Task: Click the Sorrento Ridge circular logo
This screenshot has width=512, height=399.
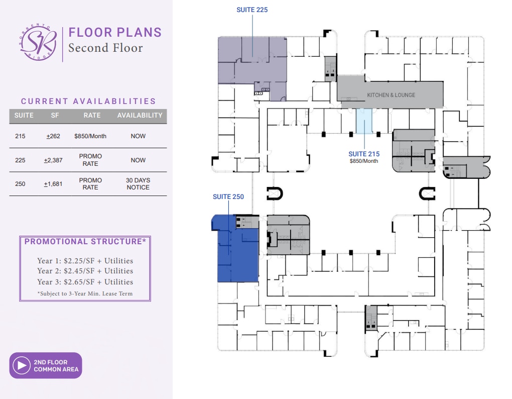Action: (38, 42)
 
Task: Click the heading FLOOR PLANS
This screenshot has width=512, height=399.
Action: (115, 32)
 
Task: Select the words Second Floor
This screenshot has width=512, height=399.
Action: (105, 48)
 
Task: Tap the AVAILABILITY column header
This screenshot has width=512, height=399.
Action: (140, 116)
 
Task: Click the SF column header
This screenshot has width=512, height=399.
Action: (55, 116)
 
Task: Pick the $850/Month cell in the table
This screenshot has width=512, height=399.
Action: (90, 136)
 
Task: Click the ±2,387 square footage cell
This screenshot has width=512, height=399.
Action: (53, 160)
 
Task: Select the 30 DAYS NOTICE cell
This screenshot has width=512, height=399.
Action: (138, 183)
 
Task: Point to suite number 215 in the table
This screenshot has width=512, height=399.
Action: (20, 136)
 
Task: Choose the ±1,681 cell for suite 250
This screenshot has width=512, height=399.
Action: (53, 184)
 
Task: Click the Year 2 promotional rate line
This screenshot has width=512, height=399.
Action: (85, 271)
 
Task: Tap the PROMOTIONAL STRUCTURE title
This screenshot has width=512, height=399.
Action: (85, 242)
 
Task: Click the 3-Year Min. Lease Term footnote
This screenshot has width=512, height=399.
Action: (85, 293)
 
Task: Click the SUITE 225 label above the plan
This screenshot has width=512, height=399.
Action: (252, 10)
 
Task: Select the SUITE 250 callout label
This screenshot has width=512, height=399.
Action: (228, 196)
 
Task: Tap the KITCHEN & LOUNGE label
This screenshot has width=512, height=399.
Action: (391, 95)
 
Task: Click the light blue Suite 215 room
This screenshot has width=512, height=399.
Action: (364, 121)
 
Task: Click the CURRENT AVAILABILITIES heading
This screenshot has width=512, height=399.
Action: (88, 102)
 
